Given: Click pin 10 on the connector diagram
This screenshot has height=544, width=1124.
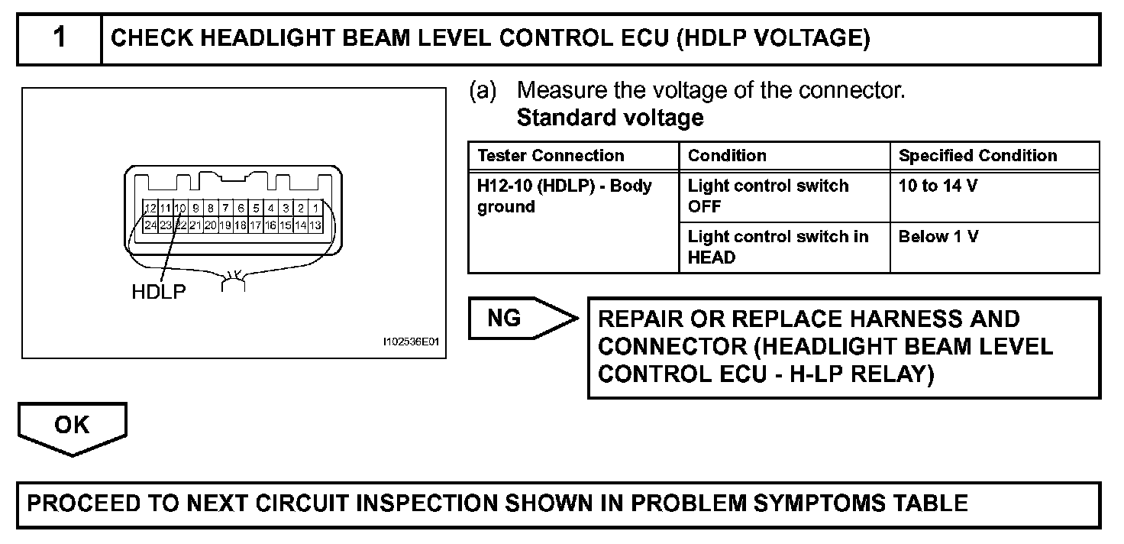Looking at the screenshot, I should pyautogui.click(x=180, y=209).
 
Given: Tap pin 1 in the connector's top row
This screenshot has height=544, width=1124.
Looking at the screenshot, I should pyautogui.click(x=315, y=209).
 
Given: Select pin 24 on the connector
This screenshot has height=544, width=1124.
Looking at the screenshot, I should pyautogui.click(x=150, y=225).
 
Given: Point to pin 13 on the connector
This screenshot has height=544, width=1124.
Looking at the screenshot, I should pyautogui.click(x=315, y=225).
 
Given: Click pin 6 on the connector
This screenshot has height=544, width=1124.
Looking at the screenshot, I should pyautogui.click(x=240, y=209).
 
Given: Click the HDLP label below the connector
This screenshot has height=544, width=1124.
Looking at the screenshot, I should pyautogui.click(x=159, y=292).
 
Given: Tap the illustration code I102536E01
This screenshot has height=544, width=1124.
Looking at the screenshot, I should pyautogui.click(x=412, y=343).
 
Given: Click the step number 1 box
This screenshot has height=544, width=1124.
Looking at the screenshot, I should pyautogui.click(x=60, y=38).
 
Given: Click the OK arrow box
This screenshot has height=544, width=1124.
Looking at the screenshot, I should pyautogui.click(x=72, y=425).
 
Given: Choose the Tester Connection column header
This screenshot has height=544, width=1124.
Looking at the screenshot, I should pyautogui.click(x=551, y=156).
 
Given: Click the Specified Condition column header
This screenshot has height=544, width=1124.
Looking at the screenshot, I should pyautogui.click(x=977, y=156).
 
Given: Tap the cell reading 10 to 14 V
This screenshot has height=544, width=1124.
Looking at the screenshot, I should pyautogui.click(x=938, y=186).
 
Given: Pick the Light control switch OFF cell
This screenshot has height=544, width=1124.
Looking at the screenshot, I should pyautogui.click(x=767, y=196).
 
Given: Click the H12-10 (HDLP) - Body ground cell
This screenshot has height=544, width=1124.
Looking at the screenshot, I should pyautogui.click(x=565, y=196).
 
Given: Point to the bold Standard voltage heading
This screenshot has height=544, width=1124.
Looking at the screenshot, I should pyautogui.click(x=610, y=118).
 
